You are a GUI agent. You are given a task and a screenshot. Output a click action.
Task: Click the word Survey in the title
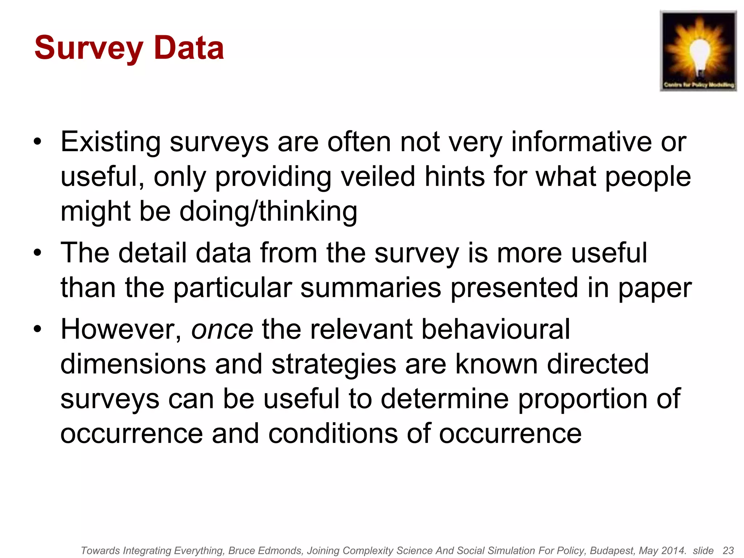click(89, 48)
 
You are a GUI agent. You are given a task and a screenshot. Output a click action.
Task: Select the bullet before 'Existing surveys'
click(37, 142)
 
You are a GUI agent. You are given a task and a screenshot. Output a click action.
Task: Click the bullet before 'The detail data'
click(37, 253)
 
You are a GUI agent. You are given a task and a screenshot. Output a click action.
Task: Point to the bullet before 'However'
click(37, 329)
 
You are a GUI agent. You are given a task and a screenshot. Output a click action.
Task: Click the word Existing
click(110, 142)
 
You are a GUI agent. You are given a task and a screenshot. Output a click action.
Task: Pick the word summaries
click(371, 288)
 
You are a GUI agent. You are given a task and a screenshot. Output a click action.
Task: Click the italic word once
click(222, 329)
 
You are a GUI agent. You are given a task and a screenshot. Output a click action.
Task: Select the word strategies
click(334, 364)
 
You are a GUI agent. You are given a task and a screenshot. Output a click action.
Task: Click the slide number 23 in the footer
click(728, 550)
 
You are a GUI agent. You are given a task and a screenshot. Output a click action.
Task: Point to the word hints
click(454, 177)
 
